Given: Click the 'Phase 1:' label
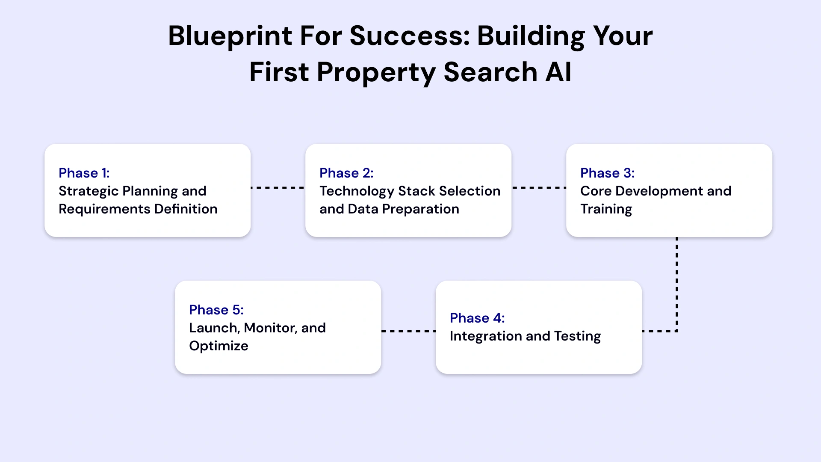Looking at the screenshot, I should coord(84,173).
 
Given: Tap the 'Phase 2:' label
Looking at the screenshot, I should coord(346,173).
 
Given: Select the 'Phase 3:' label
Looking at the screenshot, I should coord(607,173).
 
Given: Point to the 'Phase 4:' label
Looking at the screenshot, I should coord(477,318).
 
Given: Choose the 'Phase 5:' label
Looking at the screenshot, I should coord(216,310).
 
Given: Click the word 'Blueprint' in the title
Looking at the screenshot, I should coord(230,36).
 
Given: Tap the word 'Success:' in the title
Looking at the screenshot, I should coord(410,36).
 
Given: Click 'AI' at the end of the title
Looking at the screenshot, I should coord(558,72).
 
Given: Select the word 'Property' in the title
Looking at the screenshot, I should coord(376,73).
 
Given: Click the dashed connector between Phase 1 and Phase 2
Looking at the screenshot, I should coord(278,188).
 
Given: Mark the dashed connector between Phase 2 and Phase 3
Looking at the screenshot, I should coord(539,188).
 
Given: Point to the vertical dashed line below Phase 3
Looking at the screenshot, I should coord(677,282).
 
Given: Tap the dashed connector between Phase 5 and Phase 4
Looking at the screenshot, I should coord(408,331).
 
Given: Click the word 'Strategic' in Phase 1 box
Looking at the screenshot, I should coord(89,191).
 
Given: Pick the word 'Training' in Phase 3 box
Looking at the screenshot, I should coord(606,210).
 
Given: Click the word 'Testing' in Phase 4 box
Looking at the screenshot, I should coord(577,337).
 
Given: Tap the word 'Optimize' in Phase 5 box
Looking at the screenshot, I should coord(219,346).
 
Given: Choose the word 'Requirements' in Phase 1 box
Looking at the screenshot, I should coord(104,209).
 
